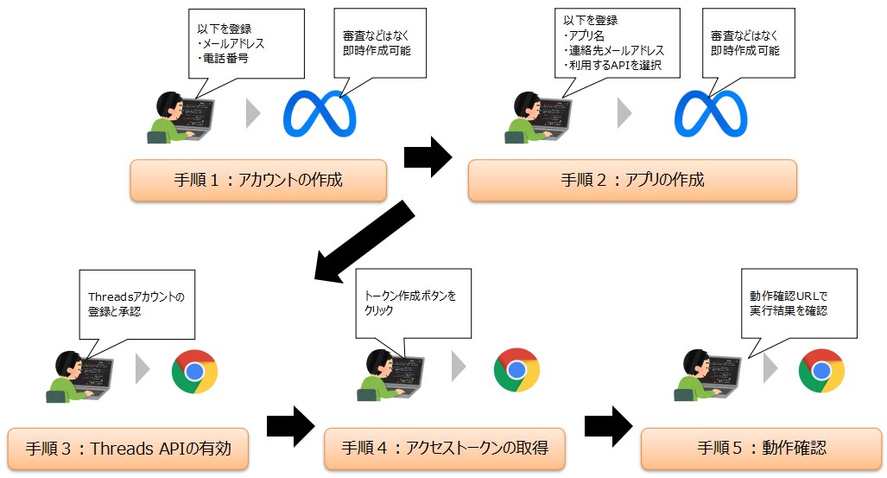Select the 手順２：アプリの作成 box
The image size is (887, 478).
pyautogui.click(x=632, y=181)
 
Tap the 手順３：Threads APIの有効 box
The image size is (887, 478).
pyautogui.click(x=129, y=449)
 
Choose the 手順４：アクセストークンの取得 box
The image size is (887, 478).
pyautogui.click(x=445, y=449)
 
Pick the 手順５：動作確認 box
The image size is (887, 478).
pyautogui.click(x=762, y=449)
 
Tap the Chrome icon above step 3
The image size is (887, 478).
pyautogui.click(x=194, y=372)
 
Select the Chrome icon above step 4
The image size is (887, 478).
pyautogui.click(x=516, y=371)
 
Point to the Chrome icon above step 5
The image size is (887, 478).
pyautogui.click(x=821, y=371)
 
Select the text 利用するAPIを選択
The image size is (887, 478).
pyautogui.click(x=612, y=66)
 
